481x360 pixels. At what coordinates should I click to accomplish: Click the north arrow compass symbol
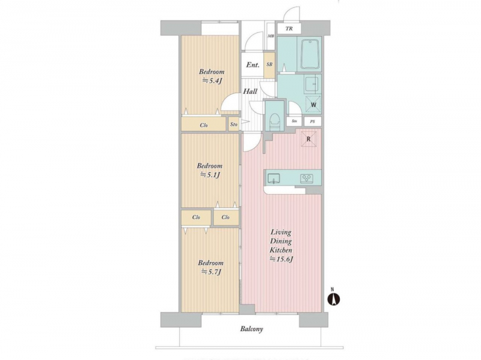(x=334, y=299)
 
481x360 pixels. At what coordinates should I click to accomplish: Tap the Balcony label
(x=251, y=329)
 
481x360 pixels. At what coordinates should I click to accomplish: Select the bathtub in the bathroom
(x=310, y=55)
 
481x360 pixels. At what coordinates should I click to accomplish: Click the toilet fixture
(x=275, y=122)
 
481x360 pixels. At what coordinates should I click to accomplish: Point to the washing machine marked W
(x=313, y=105)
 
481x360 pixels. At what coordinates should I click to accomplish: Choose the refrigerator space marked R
(x=308, y=139)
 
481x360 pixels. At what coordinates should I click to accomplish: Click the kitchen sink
(x=274, y=178)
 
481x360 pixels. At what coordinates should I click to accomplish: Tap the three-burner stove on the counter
(x=307, y=178)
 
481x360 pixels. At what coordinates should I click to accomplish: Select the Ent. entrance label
(x=253, y=65)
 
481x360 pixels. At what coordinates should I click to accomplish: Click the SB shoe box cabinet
(x=269, y=65)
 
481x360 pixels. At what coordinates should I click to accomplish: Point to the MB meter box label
(x=271, y=36)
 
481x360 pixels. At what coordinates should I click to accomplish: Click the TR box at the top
(x=289, y=29)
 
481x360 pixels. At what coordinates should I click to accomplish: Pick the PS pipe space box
(x=313, y=121)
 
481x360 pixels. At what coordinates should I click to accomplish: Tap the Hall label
(x=250, y=91)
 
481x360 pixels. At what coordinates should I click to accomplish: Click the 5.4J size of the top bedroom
(x=212, y=81)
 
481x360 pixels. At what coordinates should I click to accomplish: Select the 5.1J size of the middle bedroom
(x=210, y=175)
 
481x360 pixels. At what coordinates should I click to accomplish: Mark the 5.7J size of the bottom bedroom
(x=211, y=272)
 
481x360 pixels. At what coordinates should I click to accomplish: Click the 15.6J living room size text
(x=281, y=259)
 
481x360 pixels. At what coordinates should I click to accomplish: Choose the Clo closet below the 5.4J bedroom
(x=204, y=125)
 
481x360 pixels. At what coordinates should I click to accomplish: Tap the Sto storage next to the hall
(x=234, y=124)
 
